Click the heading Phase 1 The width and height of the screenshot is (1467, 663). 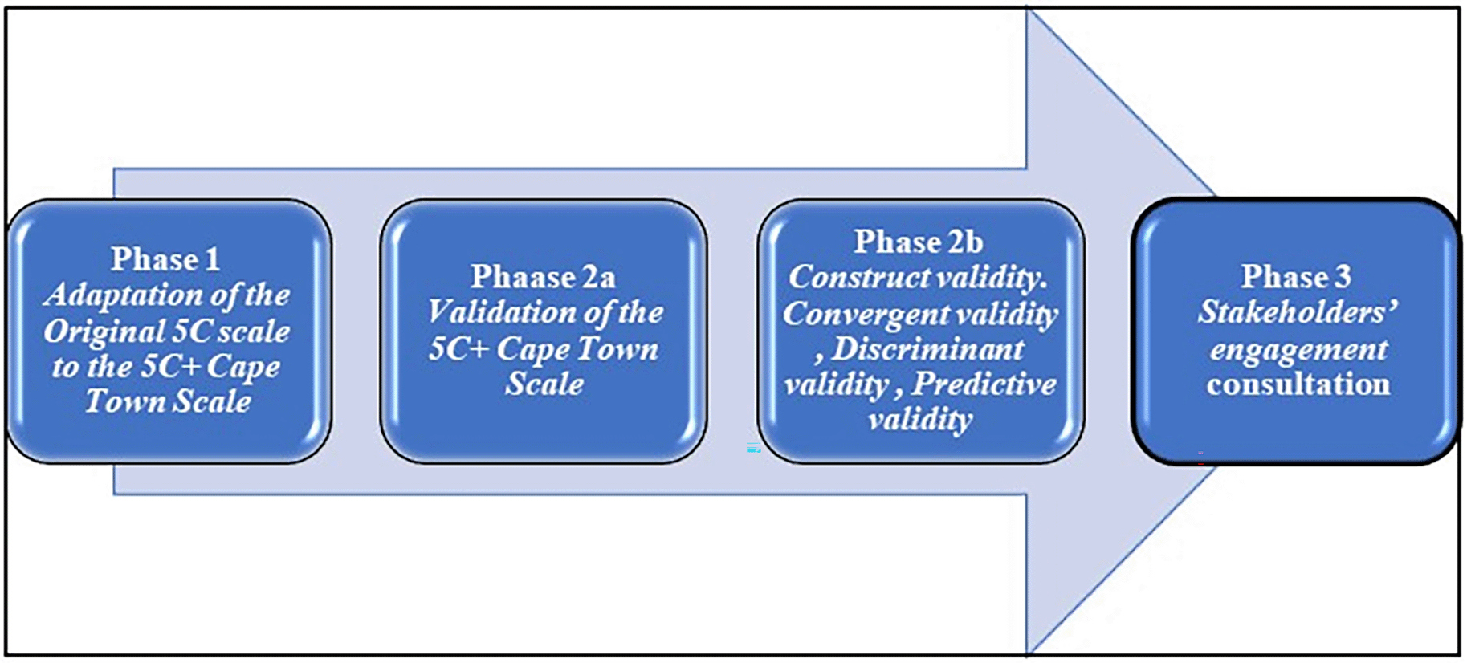[165, 259]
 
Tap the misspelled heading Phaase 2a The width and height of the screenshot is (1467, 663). [544, 277]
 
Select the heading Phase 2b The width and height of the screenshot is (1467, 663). [919, 242]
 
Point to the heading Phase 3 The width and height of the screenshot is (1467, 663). [1296, 277]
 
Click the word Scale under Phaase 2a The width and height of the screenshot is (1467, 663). [544, 384]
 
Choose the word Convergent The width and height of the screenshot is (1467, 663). [865, 314]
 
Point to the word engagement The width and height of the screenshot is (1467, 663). [1298, 350]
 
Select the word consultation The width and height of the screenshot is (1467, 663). [1298, 384]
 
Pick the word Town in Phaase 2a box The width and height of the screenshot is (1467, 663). [618, 349]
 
